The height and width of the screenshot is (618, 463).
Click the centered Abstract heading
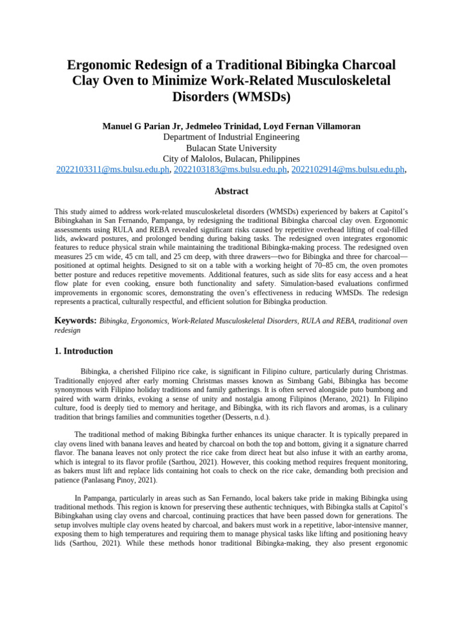[231, 191]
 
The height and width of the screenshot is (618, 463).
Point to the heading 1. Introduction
[83, 351]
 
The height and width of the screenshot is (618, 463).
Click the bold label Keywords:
[75, 321]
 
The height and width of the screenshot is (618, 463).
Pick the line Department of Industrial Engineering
[231, 137]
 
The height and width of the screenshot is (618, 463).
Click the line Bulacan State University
[231, 148]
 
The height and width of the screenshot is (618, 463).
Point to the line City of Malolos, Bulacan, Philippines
[231, 159]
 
